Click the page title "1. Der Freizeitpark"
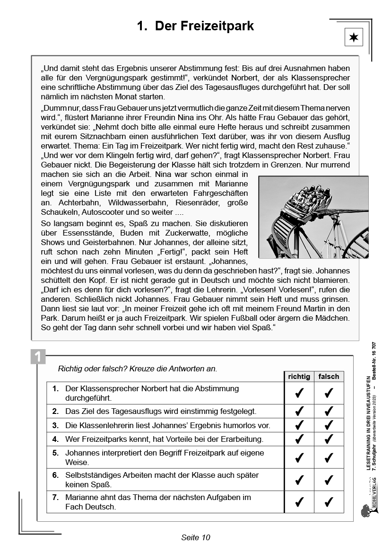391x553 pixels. click(x=195, y=26)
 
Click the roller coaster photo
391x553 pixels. click(x=313, y=217)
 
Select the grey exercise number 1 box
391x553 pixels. click(x=38, y=356)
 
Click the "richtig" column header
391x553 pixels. click(x=299, y=377)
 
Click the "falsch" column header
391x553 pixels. click(x=329, y=377)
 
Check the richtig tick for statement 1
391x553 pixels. click(x=299, y=393)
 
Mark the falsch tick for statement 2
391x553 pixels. click(x=329, y=412)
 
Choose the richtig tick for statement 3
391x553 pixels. click(x=299, y=425)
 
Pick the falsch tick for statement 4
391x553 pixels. click(x=329, y=439)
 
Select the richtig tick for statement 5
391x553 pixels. click(x=299, y=457)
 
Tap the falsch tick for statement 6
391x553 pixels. click(x=329, y=480)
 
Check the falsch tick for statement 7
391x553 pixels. click(x=329, y=502)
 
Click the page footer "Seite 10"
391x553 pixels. click(x=195, y=537)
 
